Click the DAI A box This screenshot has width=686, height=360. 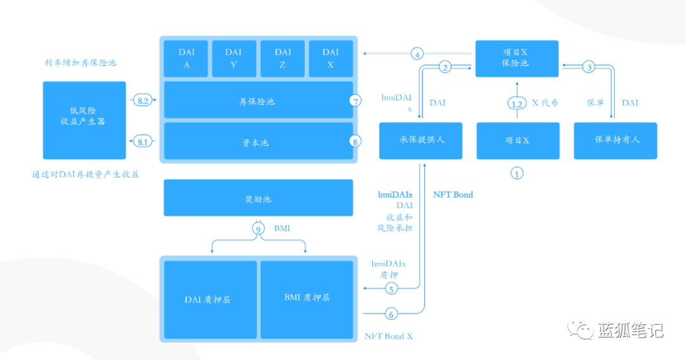coord(186,58)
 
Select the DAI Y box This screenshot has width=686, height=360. coord(234,58)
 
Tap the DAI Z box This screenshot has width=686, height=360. coord(283,58)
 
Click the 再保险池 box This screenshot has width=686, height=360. coord(259,100)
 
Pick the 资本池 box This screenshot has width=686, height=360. coord(259,142)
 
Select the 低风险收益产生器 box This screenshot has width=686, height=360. coord(83,120)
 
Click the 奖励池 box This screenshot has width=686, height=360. coord(259,197)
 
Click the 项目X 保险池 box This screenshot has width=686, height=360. coord(517,58)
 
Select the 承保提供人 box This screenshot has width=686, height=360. coord(420,140)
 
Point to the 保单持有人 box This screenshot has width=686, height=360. coord(615,140)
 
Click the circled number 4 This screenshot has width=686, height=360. coord(417,54)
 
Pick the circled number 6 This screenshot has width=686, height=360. coord(392,313)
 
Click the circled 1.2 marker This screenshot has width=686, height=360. coord(517,103)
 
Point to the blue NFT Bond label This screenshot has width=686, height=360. coord(453,194)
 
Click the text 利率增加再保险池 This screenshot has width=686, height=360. coord(81,63)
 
